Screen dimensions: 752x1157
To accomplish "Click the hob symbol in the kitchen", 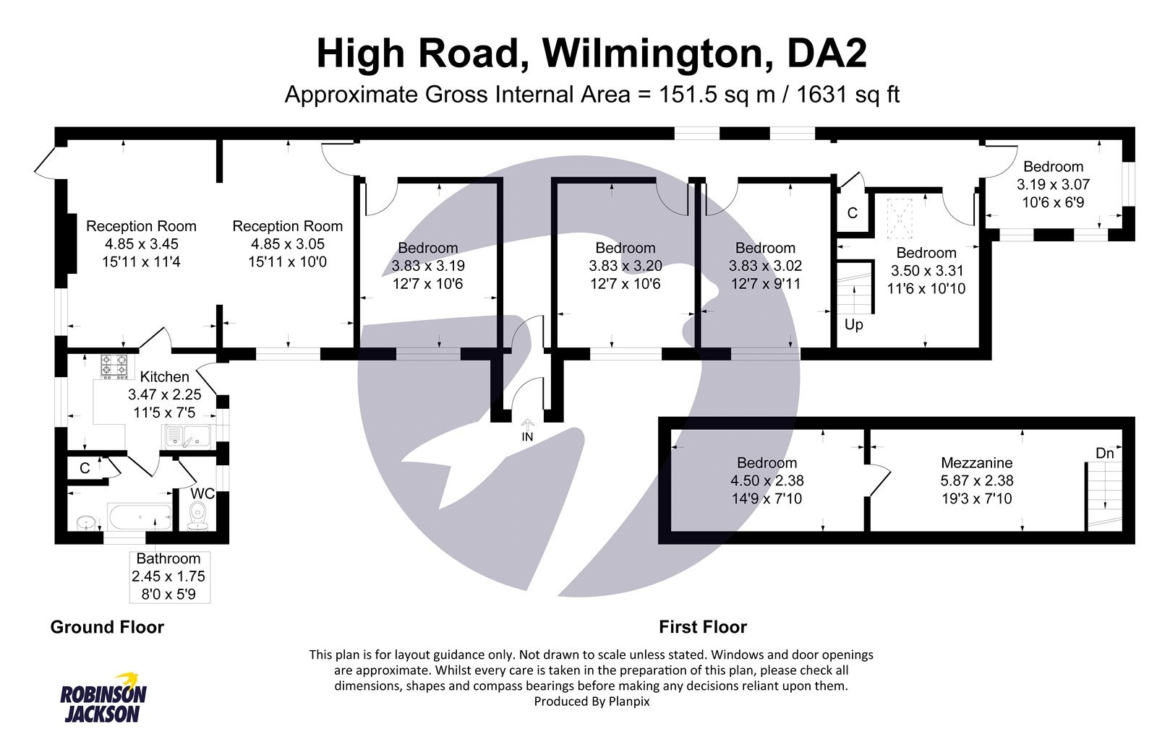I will (x=114, y=366).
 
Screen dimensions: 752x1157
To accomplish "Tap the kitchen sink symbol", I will (x=187, y=436).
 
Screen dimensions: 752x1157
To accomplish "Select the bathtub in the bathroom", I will (x=140, y=517).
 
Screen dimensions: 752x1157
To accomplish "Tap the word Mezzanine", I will (x=976, y=462).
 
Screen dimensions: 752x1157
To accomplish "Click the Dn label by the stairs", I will (x=1104, y=453).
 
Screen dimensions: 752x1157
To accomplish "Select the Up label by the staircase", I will (x=853, y=324).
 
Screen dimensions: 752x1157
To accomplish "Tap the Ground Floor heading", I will (x=107, y=627).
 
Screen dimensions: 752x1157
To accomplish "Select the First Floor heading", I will (x=702, y=627).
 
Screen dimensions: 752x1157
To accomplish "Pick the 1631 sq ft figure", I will (x=848, y=95).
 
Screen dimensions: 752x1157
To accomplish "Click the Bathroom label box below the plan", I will (x=168, y=576).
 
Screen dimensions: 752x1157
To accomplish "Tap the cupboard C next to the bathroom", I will (x=85, y=468).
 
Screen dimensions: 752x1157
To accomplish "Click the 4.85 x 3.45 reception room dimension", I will (x=141, y=244).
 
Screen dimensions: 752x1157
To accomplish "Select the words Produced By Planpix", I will (x=592, y=701).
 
